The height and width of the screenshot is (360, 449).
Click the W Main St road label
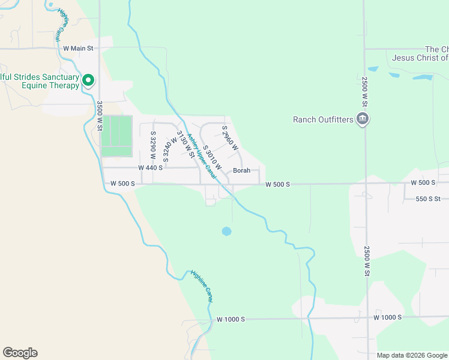(78, 48)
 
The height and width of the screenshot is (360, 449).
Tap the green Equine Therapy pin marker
(88, 80)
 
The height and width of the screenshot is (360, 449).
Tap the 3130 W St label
(185, 145)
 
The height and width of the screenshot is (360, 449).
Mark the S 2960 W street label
(230, 139)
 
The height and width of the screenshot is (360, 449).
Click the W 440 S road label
(150, 168)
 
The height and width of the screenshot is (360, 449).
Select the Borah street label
(241, 170)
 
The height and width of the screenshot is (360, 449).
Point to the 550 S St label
(427, 198)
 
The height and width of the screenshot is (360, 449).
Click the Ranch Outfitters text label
(323, 119)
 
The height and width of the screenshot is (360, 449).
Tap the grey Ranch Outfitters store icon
(362, 119)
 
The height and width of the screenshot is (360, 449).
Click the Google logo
(20, 353)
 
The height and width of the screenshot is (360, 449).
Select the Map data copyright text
(412, 355)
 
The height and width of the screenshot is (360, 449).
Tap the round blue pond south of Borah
(226, 231)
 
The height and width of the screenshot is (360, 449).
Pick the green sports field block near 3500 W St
(116, 136)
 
